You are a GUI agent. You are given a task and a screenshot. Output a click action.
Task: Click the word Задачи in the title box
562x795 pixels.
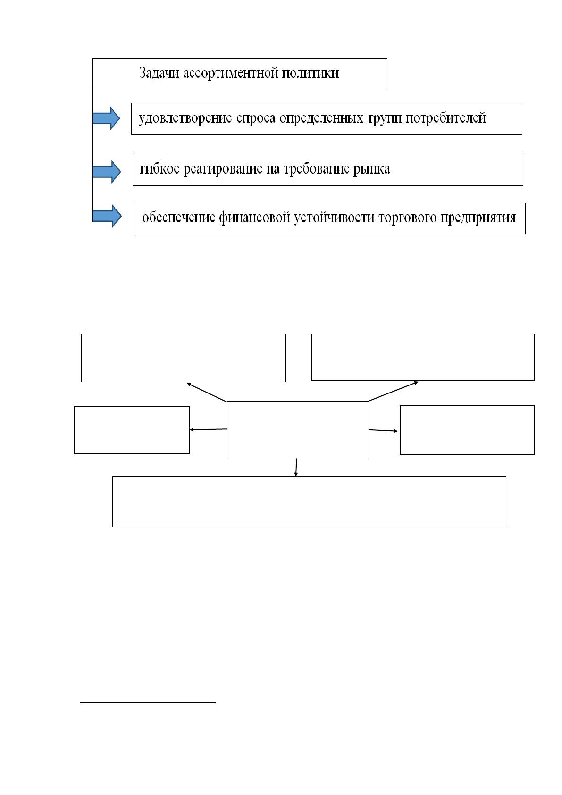pyautogui.click(x=159, y=73)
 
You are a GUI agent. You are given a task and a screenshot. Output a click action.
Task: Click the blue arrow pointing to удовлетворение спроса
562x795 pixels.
pyautogui.click(x=107, y=118)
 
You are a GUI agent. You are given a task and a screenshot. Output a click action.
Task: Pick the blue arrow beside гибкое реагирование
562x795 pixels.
pyautogui.click(x=107, y=172)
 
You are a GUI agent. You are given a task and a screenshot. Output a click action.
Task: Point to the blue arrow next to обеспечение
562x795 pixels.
pyautogui.click(x=107, y=216)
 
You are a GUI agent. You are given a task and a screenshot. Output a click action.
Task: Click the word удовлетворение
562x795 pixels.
pyautogui.click(x=185, y=118)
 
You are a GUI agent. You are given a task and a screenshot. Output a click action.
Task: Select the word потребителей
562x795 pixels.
pyautogui.click(x=446, y=118)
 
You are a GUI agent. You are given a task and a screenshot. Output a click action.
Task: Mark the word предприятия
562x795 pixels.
pyautogui.click(x=478, y=218)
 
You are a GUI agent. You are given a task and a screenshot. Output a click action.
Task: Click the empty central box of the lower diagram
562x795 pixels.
pyautogui.click(x=298, y=430)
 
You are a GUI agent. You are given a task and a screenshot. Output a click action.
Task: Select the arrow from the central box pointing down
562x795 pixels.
pyautogui.click(x=296, y=468)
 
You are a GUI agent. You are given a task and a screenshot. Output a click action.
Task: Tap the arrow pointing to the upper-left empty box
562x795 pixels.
pyautogui.click(x=207, y=392)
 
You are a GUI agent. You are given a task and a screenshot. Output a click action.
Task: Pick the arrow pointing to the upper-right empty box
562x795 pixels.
pyautogui.click(x=394, y=391)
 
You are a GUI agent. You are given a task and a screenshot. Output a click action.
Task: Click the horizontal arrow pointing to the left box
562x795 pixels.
pyautogui.click(x=209, y=429)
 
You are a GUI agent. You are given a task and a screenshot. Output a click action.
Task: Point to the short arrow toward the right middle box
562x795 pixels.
pyautogui.click(x=383, y=430)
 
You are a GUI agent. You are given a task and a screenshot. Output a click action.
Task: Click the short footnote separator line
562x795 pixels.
pyautogui.click(x=148, y=702)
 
